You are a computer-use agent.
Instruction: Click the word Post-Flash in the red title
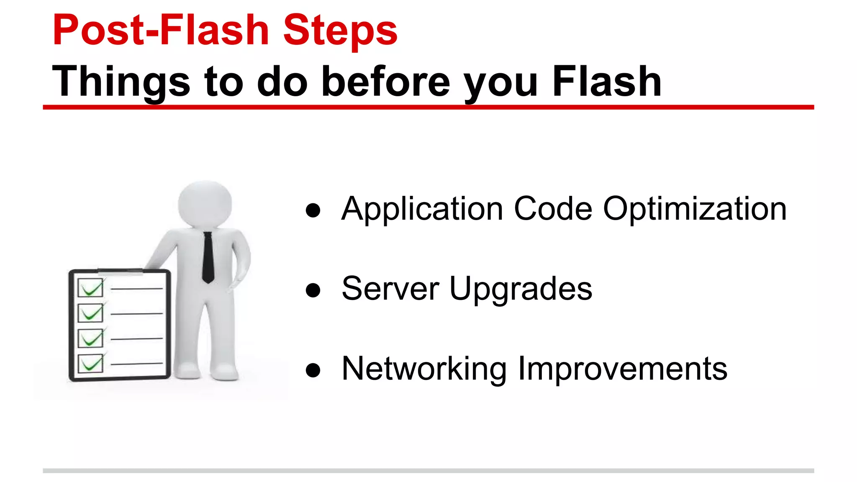(161, 30)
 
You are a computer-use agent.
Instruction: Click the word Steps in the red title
(340, 30)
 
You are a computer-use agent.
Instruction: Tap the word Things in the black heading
(121, 82)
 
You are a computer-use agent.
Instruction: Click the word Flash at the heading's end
(607, 82)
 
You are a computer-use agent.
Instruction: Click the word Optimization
(695, 209)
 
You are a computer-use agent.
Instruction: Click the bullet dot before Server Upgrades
(313, 290)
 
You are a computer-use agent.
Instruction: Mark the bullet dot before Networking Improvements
(313, 370)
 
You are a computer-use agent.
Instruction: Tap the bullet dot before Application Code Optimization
(313, 210)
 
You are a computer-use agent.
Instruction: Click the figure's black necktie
(208, 257)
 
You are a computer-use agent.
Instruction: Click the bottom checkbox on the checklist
(90, 363)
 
